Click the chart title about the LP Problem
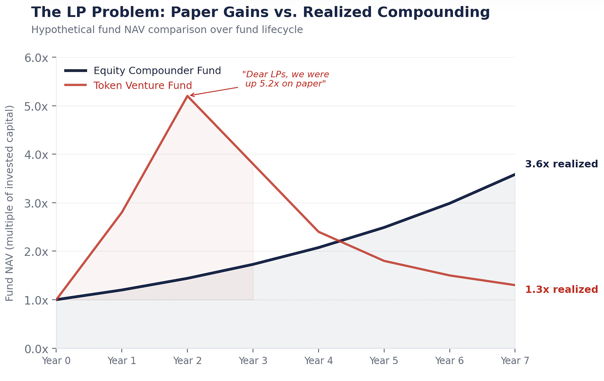[x=260, y=12]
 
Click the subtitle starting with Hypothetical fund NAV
[x=167, y=30]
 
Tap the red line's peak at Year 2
[x=188, y=96]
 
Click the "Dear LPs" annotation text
[x=285, y=79]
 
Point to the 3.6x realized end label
[x=561, y=164]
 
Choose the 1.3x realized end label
[x=561, y=289]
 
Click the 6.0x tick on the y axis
[x=37, y=58]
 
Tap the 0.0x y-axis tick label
[x=37, y=349]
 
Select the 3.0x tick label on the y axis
[x=37, y=203]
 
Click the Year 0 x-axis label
[x=56, y=361]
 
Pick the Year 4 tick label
[x=319, y=361]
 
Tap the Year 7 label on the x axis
[x=515, y=361]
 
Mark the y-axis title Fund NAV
[x=10, y=203]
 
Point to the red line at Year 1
[x=122, y=212]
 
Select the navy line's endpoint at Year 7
[x=514, y=175]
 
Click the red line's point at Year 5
[x=384, y=261]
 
